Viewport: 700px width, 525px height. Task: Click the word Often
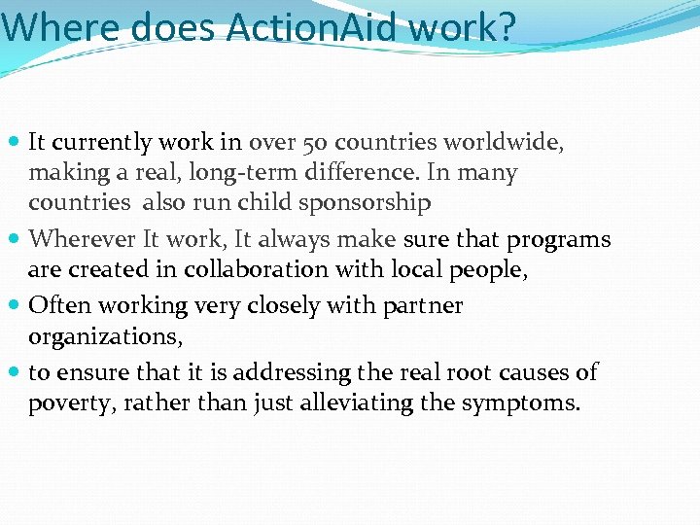tap(54, 305)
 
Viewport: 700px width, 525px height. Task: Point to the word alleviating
tap(355, 402)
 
